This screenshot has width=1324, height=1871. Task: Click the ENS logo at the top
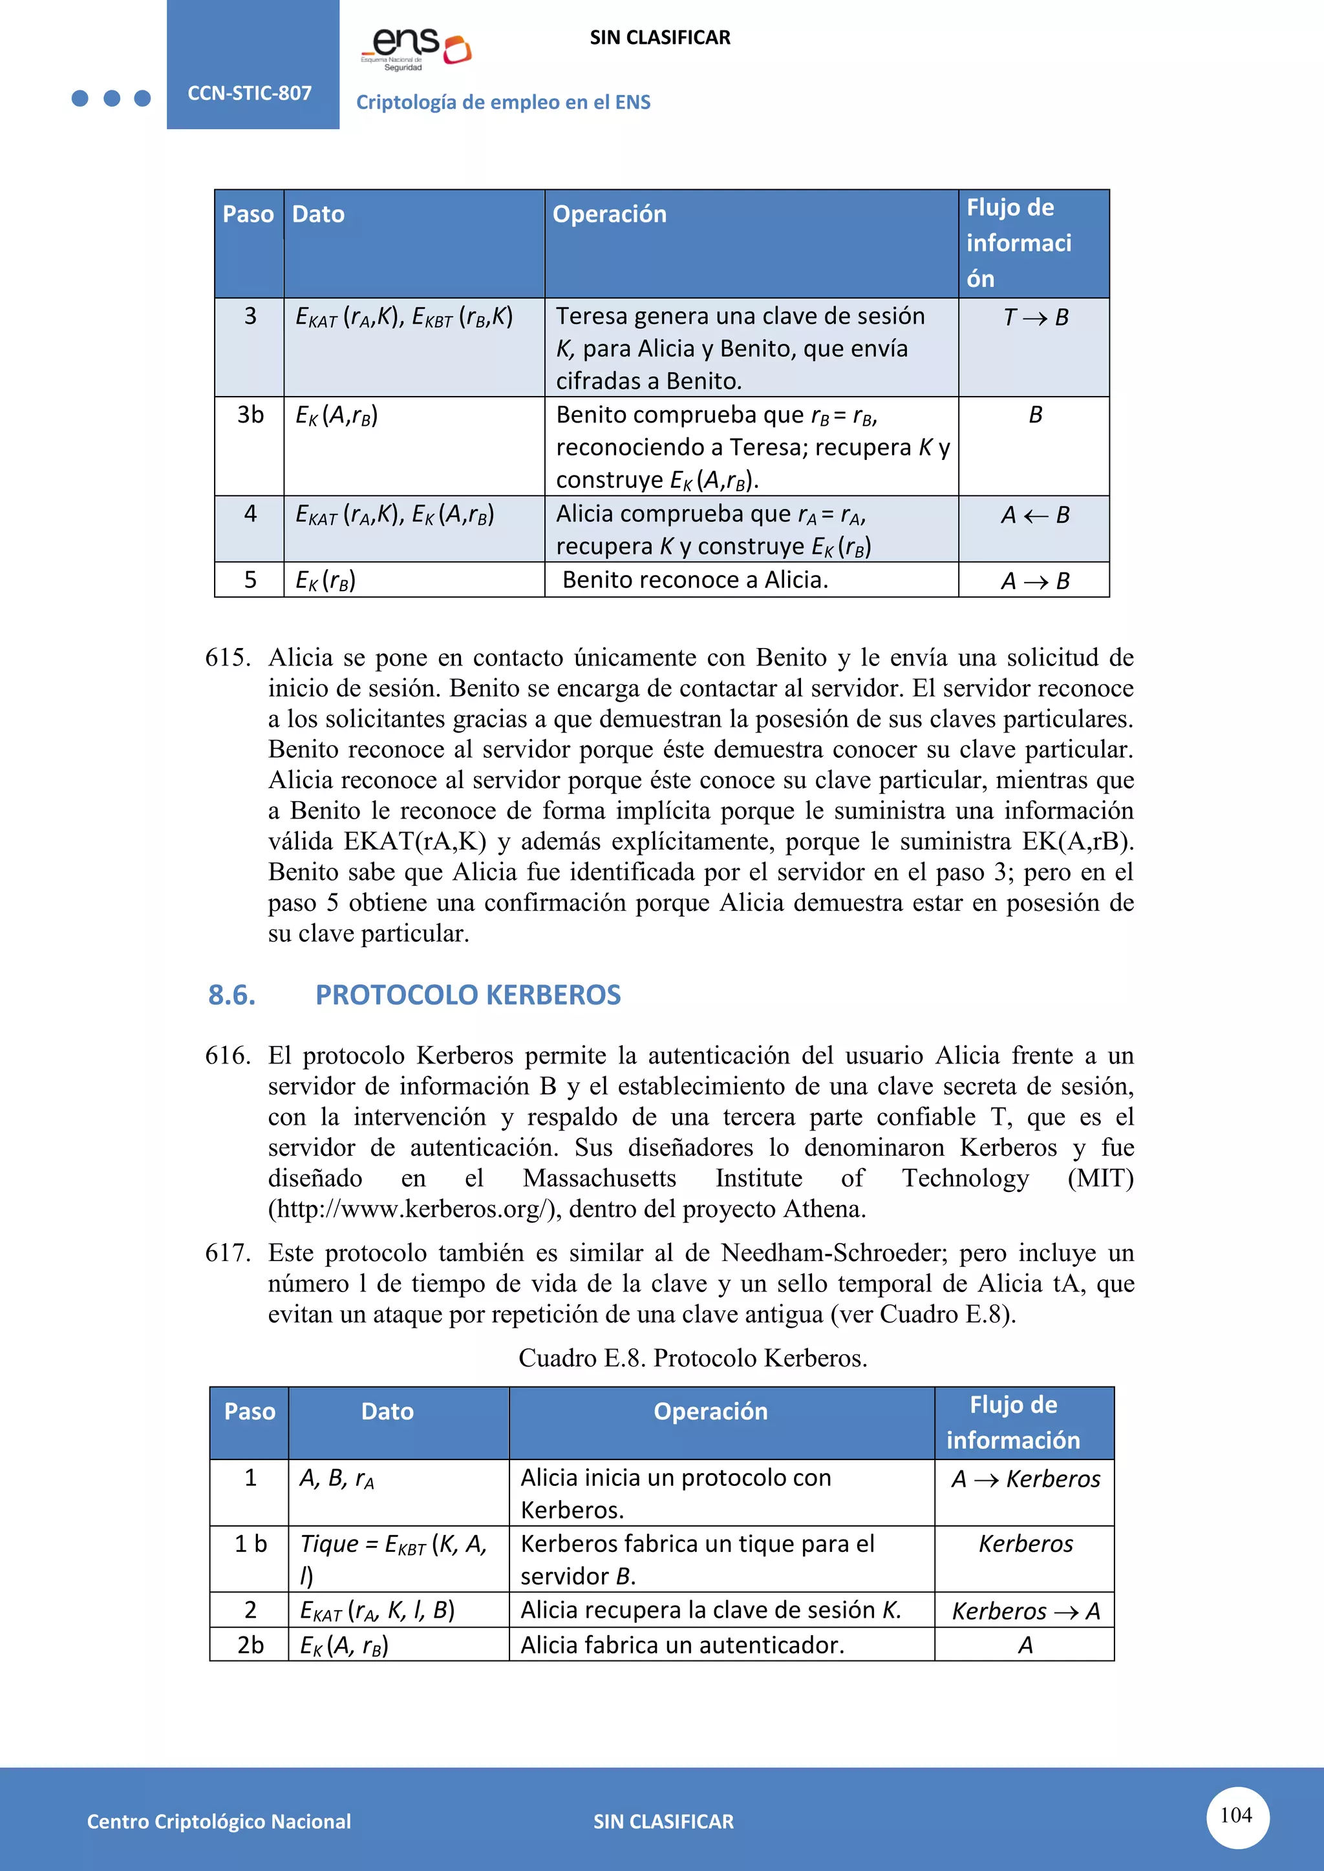pos(416,47)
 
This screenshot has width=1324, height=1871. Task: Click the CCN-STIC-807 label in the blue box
pos(250,93)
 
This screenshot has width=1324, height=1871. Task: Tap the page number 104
pos(1236,1815)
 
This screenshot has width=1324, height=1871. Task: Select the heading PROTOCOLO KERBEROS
pos(467,994)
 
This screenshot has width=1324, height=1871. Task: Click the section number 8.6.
pos(231,994)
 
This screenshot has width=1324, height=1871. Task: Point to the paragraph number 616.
pos(228,1055)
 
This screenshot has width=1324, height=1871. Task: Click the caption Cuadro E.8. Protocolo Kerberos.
pos(692,1357)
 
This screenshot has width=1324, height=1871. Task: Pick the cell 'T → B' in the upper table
pos(1034,317)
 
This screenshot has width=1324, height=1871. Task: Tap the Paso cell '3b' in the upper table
pos(250,415)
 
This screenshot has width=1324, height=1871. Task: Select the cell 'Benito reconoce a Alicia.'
pos(694,580)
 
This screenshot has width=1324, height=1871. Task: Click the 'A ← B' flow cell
pos(1034,515)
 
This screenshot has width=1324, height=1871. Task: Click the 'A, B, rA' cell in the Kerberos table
pos(336,1478)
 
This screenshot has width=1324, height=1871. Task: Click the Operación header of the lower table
pos(710,1412)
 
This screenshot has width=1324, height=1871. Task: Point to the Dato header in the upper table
pos(318,214)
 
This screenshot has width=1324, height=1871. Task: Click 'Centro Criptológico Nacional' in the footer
pos(219,1821)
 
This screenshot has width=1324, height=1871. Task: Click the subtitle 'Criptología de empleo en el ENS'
pos(503,103)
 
